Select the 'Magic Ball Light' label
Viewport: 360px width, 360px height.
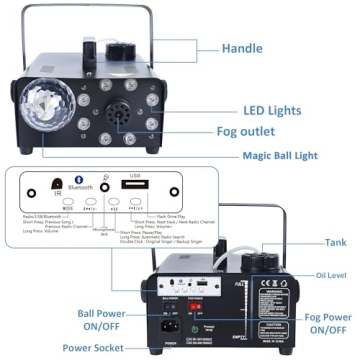tap(289, 155)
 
